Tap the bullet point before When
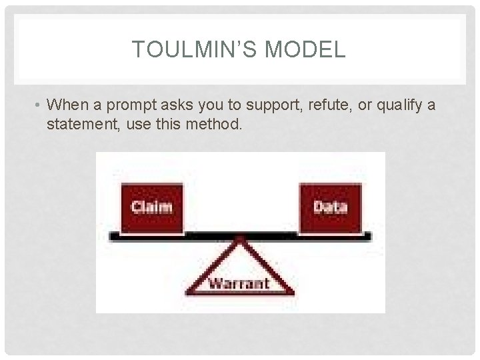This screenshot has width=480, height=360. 40,105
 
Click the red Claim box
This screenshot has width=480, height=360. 151,207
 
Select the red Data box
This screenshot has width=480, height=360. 331,207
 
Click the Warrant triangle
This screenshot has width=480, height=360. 239,273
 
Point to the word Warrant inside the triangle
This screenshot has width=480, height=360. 239,283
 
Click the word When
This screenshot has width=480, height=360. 65,105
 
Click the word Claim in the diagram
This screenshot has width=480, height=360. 151,207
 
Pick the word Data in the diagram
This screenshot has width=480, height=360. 331,207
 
